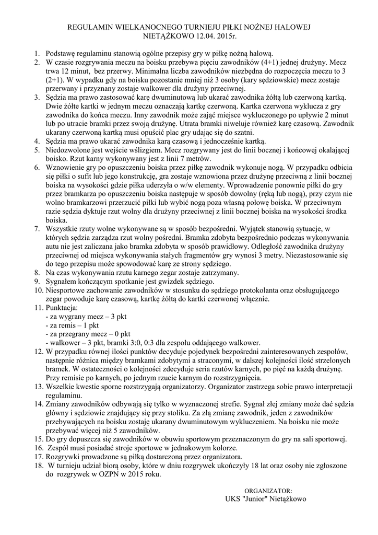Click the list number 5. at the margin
(38, 150)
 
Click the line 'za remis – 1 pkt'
(72, 325)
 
